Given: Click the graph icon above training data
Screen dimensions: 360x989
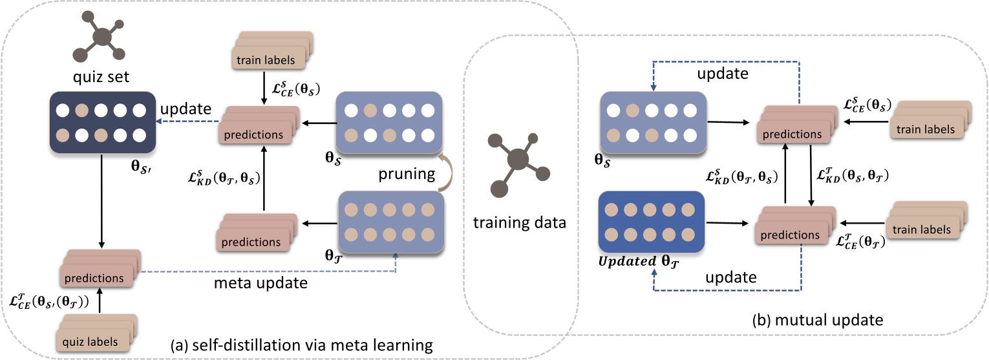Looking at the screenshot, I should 515,159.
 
